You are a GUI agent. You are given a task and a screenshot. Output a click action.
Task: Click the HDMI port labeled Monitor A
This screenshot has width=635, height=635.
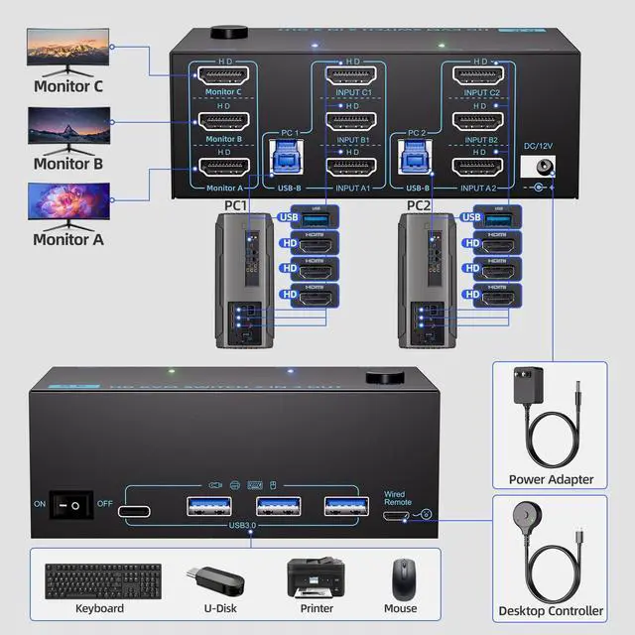pos(224,169)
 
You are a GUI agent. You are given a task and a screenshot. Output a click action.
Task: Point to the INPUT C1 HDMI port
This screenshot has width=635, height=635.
pos(350,74)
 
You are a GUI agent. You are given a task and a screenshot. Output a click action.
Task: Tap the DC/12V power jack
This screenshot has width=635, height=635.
pos(544,168)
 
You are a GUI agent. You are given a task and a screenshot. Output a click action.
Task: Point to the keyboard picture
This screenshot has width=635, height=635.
pos(102,579)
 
